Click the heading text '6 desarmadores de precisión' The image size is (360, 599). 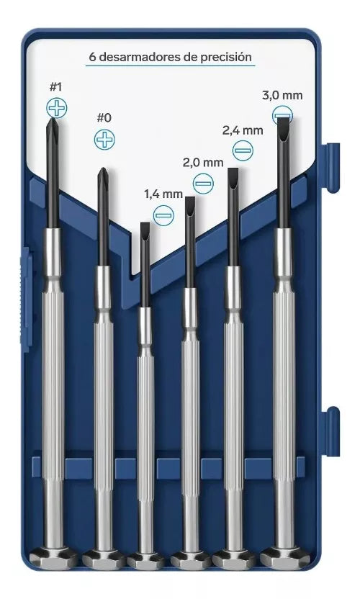click(x=170, y=55)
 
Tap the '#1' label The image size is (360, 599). click(x=55, y=87)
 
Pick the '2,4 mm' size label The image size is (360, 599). click(x=242, y=130)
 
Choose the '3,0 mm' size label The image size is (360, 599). click(x=282, y=95)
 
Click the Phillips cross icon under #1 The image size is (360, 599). click(x=55, y=109)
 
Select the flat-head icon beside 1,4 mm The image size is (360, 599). click(x=163, y=214)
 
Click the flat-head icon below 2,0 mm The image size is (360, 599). click(x=204, y=183)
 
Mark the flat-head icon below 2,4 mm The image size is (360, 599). click(x=243, y=150)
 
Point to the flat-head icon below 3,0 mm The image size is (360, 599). click(x=283, y=114)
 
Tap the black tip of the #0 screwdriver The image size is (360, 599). click(x=103, y=176)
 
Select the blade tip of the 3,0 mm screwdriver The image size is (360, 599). click(x=283, y=130)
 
